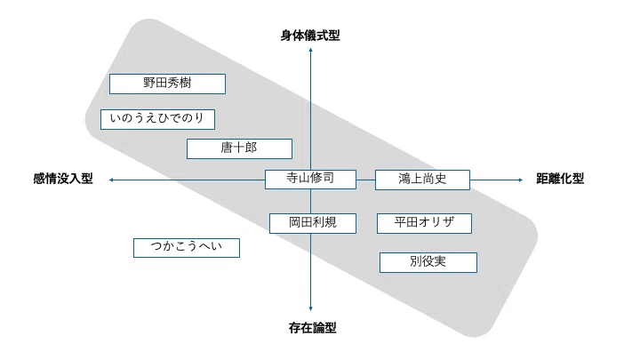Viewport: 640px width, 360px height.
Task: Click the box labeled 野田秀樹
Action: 167,84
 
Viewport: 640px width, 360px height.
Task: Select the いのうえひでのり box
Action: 157,119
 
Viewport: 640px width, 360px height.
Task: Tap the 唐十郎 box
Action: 239,148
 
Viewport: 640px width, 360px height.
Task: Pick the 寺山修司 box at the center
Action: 310,180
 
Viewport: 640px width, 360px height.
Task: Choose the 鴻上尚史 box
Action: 422,180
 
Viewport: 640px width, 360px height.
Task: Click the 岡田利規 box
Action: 313,223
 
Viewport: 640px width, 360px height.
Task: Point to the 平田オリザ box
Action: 425,223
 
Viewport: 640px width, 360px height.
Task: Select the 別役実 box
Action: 428,262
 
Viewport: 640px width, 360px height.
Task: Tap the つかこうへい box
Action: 187,248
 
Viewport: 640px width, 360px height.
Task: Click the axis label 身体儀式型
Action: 310,36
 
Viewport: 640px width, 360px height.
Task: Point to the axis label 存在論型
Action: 313,328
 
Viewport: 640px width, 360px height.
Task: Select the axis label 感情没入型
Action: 63,179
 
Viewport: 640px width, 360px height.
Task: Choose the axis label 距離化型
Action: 560,179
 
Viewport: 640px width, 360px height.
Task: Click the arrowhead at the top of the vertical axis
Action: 310,50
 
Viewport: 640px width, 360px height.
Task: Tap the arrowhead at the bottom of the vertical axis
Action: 310,308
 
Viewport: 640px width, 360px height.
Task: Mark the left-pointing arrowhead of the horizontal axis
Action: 111,180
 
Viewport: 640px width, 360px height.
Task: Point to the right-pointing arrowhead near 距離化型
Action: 520,180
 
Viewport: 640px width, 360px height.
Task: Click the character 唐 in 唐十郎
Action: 227,148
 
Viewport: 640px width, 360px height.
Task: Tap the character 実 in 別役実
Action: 440,261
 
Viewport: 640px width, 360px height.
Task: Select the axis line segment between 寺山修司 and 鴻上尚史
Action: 365,180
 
